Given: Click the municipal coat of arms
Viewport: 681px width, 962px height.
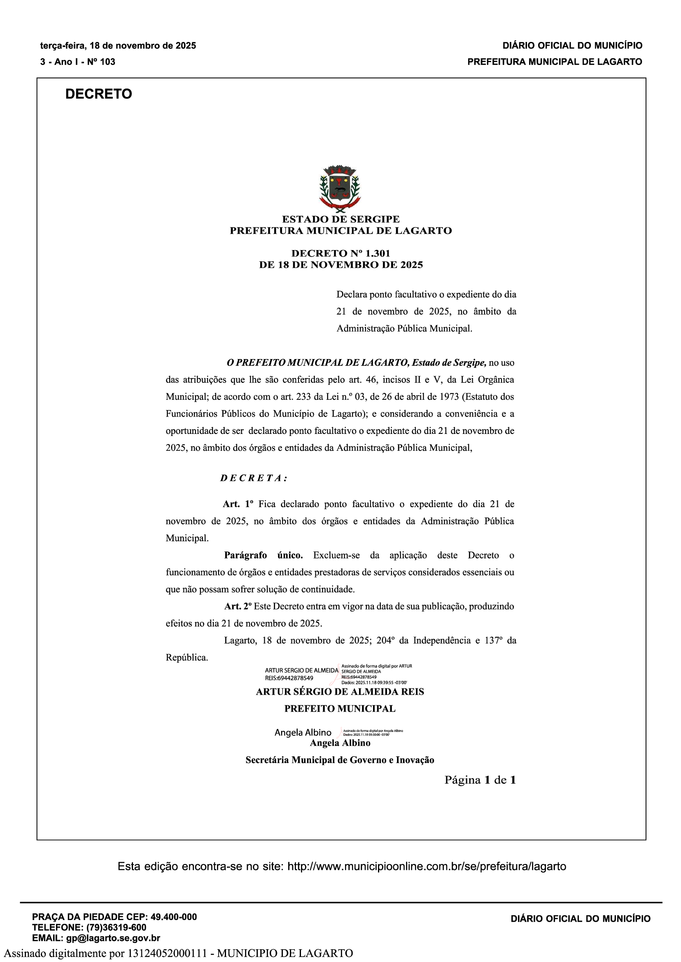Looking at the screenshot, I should coord(340,187).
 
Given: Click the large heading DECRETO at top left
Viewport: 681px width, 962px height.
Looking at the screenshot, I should coord(98,94).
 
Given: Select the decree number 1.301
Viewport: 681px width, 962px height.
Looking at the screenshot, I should coord(378,253).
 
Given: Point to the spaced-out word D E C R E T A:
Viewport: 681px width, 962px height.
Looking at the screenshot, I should coord(254,478).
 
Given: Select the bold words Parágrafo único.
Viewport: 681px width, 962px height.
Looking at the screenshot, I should coord(264,555).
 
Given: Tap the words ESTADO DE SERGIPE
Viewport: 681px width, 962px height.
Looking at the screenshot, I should coord(340,219).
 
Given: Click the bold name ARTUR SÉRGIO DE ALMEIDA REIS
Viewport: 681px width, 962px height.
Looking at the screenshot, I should coord(340,692).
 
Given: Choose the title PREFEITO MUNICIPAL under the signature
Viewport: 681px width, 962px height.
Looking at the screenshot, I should coord(340,709).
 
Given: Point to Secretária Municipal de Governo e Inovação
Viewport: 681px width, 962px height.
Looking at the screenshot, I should coord(340,760).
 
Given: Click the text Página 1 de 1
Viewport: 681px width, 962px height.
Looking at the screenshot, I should coord(480,780).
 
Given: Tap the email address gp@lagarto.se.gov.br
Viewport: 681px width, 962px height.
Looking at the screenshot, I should coord(113,938).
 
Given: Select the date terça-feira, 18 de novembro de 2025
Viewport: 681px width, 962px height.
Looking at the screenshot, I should coord(118,46).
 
